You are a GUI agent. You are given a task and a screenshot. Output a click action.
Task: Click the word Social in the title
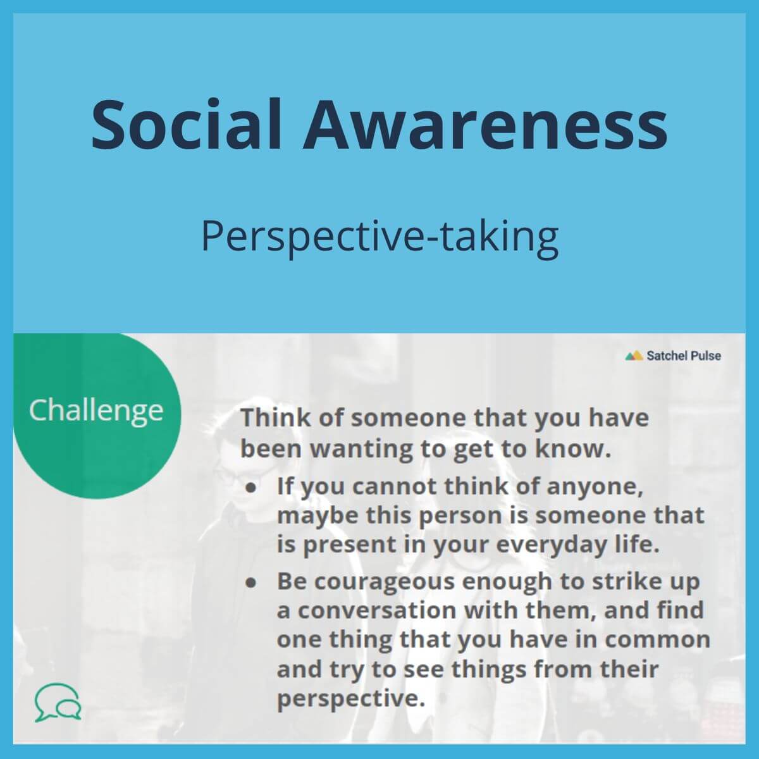pos(187,123)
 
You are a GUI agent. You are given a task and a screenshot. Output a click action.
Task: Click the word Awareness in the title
pos(485,123)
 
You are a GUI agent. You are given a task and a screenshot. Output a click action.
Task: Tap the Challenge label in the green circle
pos(96,410)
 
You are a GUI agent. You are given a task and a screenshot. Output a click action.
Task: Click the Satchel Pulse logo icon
pos(634,355)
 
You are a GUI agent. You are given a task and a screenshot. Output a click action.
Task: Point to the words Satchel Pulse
pos(683,355)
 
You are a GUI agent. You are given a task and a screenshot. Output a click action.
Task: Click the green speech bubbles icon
pos(58,702)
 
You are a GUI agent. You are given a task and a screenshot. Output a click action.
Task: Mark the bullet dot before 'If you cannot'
pos(252,488)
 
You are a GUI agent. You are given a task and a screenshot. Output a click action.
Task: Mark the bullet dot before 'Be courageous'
pos(252,583)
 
